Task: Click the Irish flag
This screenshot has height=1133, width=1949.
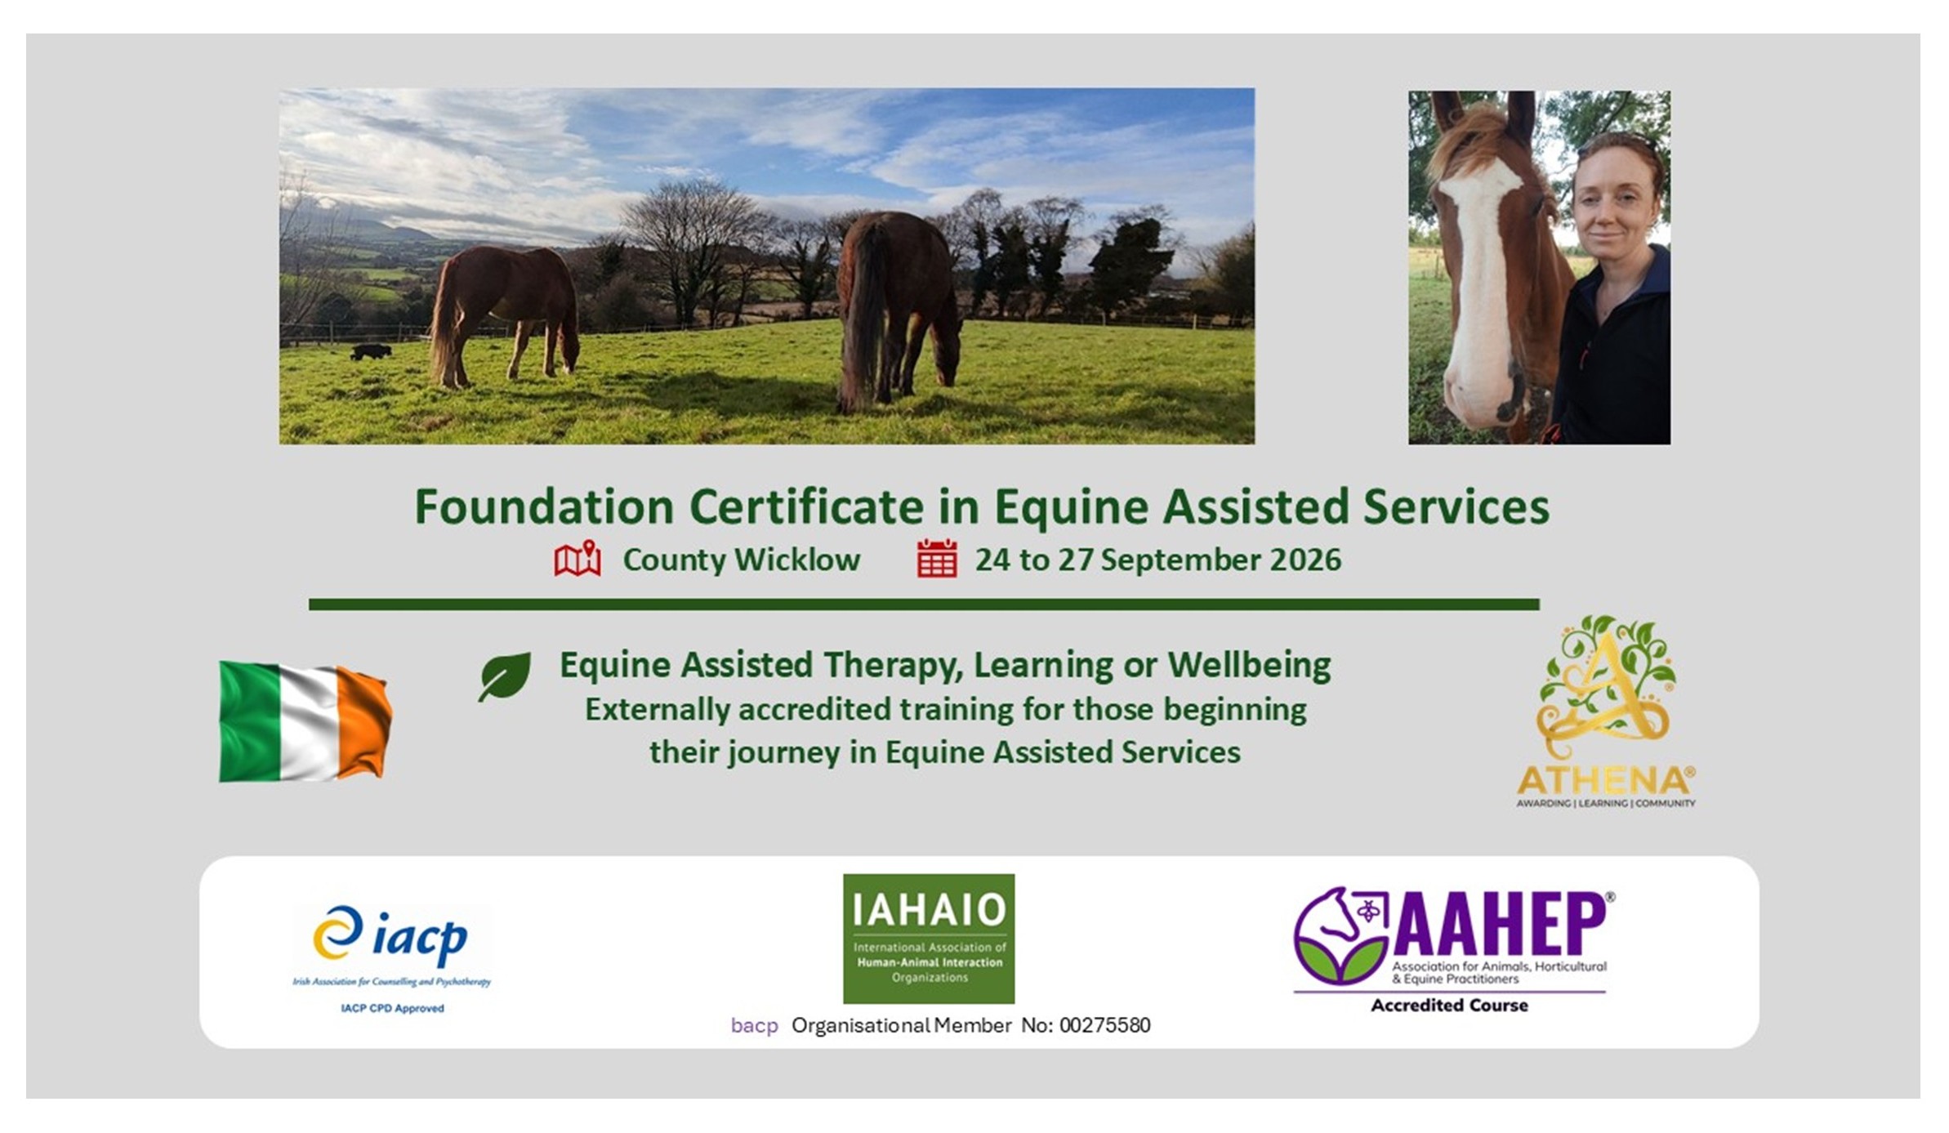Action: (306, 720)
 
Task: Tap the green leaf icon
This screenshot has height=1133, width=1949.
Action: (505, 676)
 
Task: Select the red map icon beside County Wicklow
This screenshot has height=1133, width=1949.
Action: (578, 559)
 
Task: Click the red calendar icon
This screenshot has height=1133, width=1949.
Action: (937, 559)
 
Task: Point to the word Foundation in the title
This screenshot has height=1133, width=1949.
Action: (544, 506)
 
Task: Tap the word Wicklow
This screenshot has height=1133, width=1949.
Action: (797, 560)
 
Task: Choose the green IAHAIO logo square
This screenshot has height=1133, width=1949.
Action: (929, 939)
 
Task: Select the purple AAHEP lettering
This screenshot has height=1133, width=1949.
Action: (1500, 925)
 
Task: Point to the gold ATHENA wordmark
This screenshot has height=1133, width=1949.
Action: (1605, 781)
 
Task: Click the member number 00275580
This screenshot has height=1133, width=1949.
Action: (1105, 1025)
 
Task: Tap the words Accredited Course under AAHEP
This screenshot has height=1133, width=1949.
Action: (1449, 1006)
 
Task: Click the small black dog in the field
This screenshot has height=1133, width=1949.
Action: (371, 352)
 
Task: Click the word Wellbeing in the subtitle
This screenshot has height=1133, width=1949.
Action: (1249, 666)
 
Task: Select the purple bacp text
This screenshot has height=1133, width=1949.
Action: (754, 1026)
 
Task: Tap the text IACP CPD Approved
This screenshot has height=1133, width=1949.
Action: (392, 1009)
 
